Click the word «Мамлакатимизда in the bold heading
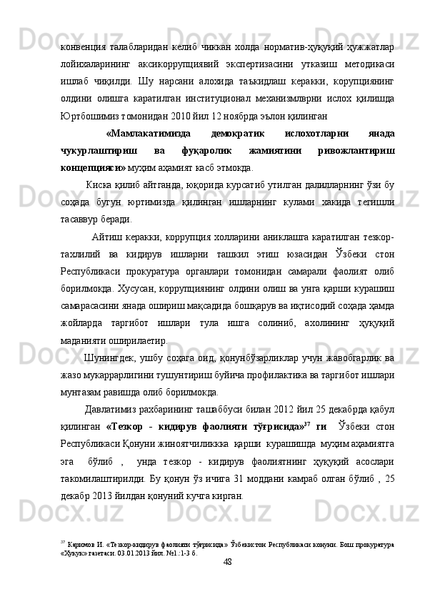click(148, 133)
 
